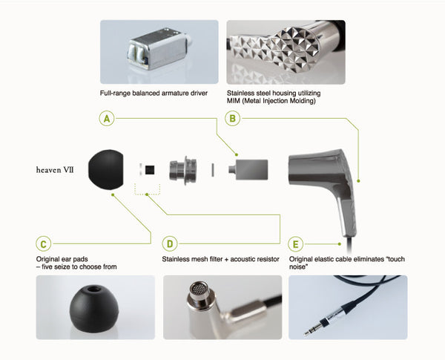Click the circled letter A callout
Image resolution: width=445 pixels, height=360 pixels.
107,119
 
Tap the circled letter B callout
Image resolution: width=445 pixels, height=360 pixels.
232,119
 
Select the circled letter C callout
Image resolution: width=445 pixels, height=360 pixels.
44,244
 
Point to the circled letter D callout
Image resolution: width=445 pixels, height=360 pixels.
170,244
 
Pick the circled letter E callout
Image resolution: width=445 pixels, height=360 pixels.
295,244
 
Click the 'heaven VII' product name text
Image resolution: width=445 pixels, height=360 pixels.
55,170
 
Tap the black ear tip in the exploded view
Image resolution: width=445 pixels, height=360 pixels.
105,169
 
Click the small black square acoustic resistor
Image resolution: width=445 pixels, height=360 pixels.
150,170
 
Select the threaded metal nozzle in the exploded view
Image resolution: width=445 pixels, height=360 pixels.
183,170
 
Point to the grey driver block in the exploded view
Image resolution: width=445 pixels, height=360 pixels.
248,170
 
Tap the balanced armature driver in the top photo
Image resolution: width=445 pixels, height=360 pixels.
159,49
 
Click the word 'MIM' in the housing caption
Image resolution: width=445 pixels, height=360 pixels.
234,101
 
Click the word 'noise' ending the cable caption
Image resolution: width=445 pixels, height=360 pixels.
297,267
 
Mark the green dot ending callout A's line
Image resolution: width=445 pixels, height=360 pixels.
237,154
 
